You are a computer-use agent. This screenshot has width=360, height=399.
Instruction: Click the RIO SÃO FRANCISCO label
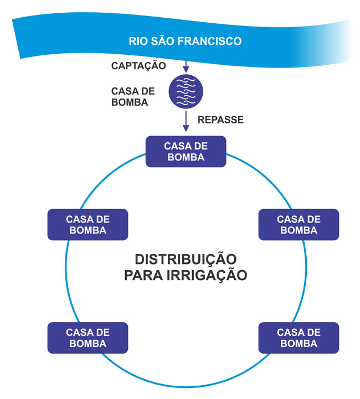[185, 41]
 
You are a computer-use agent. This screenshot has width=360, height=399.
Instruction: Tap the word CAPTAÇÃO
[139, 66]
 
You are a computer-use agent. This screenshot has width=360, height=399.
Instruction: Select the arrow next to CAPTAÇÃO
[186, 65]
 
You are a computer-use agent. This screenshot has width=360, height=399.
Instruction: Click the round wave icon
[186, 91]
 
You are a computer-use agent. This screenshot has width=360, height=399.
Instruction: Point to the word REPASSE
[220, 120]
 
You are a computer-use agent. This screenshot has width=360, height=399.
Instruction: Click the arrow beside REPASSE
[186, 121]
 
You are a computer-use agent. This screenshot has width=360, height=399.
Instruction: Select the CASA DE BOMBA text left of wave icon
[133, 96]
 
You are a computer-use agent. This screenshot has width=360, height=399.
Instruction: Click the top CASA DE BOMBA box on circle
[186, 151]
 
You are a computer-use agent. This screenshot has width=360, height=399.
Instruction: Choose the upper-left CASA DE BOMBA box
[88, 224]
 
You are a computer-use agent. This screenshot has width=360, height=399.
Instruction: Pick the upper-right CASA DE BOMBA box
[299, 224]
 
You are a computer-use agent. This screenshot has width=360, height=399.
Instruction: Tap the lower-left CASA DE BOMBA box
[88, 338]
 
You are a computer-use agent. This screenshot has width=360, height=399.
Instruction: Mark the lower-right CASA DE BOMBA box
[299, 338]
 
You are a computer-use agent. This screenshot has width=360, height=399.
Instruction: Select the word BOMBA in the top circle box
[186, 157]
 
